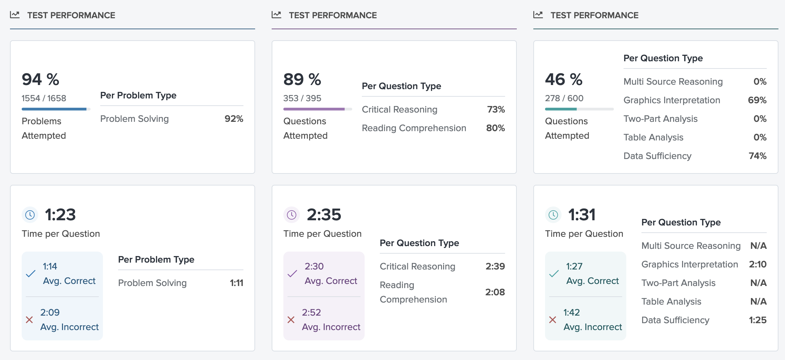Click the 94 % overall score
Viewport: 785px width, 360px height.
pos(40,80)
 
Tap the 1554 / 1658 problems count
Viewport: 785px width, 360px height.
pos(44,98)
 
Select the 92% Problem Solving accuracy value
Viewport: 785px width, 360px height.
pos(234,119)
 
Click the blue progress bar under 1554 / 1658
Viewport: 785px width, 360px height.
pos(54,109)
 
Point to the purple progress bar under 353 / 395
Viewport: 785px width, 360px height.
pos(314,109)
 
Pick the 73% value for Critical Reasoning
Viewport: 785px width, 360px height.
pos(496,109)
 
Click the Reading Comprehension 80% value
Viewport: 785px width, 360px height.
pos(495,128)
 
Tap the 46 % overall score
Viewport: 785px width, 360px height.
pos(564,80)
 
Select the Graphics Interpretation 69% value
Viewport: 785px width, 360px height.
pos(757,100)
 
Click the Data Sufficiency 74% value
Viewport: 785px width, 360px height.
pos(757,156)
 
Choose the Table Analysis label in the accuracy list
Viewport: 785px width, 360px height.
pos(653,137)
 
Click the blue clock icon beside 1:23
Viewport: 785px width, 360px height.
pos(30,215)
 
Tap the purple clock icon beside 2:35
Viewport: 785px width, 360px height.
pos(292,215)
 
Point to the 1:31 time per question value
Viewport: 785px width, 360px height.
pos(582,215)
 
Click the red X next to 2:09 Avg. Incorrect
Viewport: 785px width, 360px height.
pos(30,320)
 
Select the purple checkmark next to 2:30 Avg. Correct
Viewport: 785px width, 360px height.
pos(292,274)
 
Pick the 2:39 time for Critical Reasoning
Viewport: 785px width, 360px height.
pos(495,266)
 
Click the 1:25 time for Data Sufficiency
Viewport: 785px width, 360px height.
pos(757,320)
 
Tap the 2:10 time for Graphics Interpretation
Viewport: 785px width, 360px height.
pos(757,264)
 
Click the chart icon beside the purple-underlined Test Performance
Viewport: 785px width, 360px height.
pos(276,15)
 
